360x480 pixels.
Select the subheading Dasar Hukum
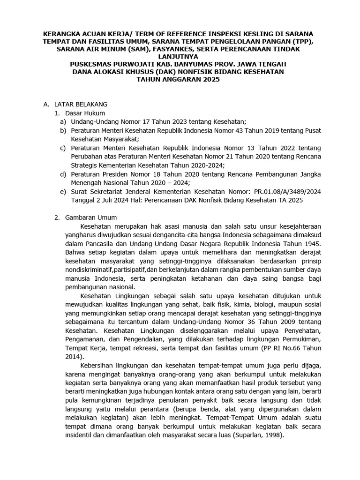coord(85,113)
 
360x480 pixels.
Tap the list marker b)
coord(63,130)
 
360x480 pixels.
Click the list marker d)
coord(63,174)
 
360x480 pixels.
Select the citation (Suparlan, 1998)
coord(253,435)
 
